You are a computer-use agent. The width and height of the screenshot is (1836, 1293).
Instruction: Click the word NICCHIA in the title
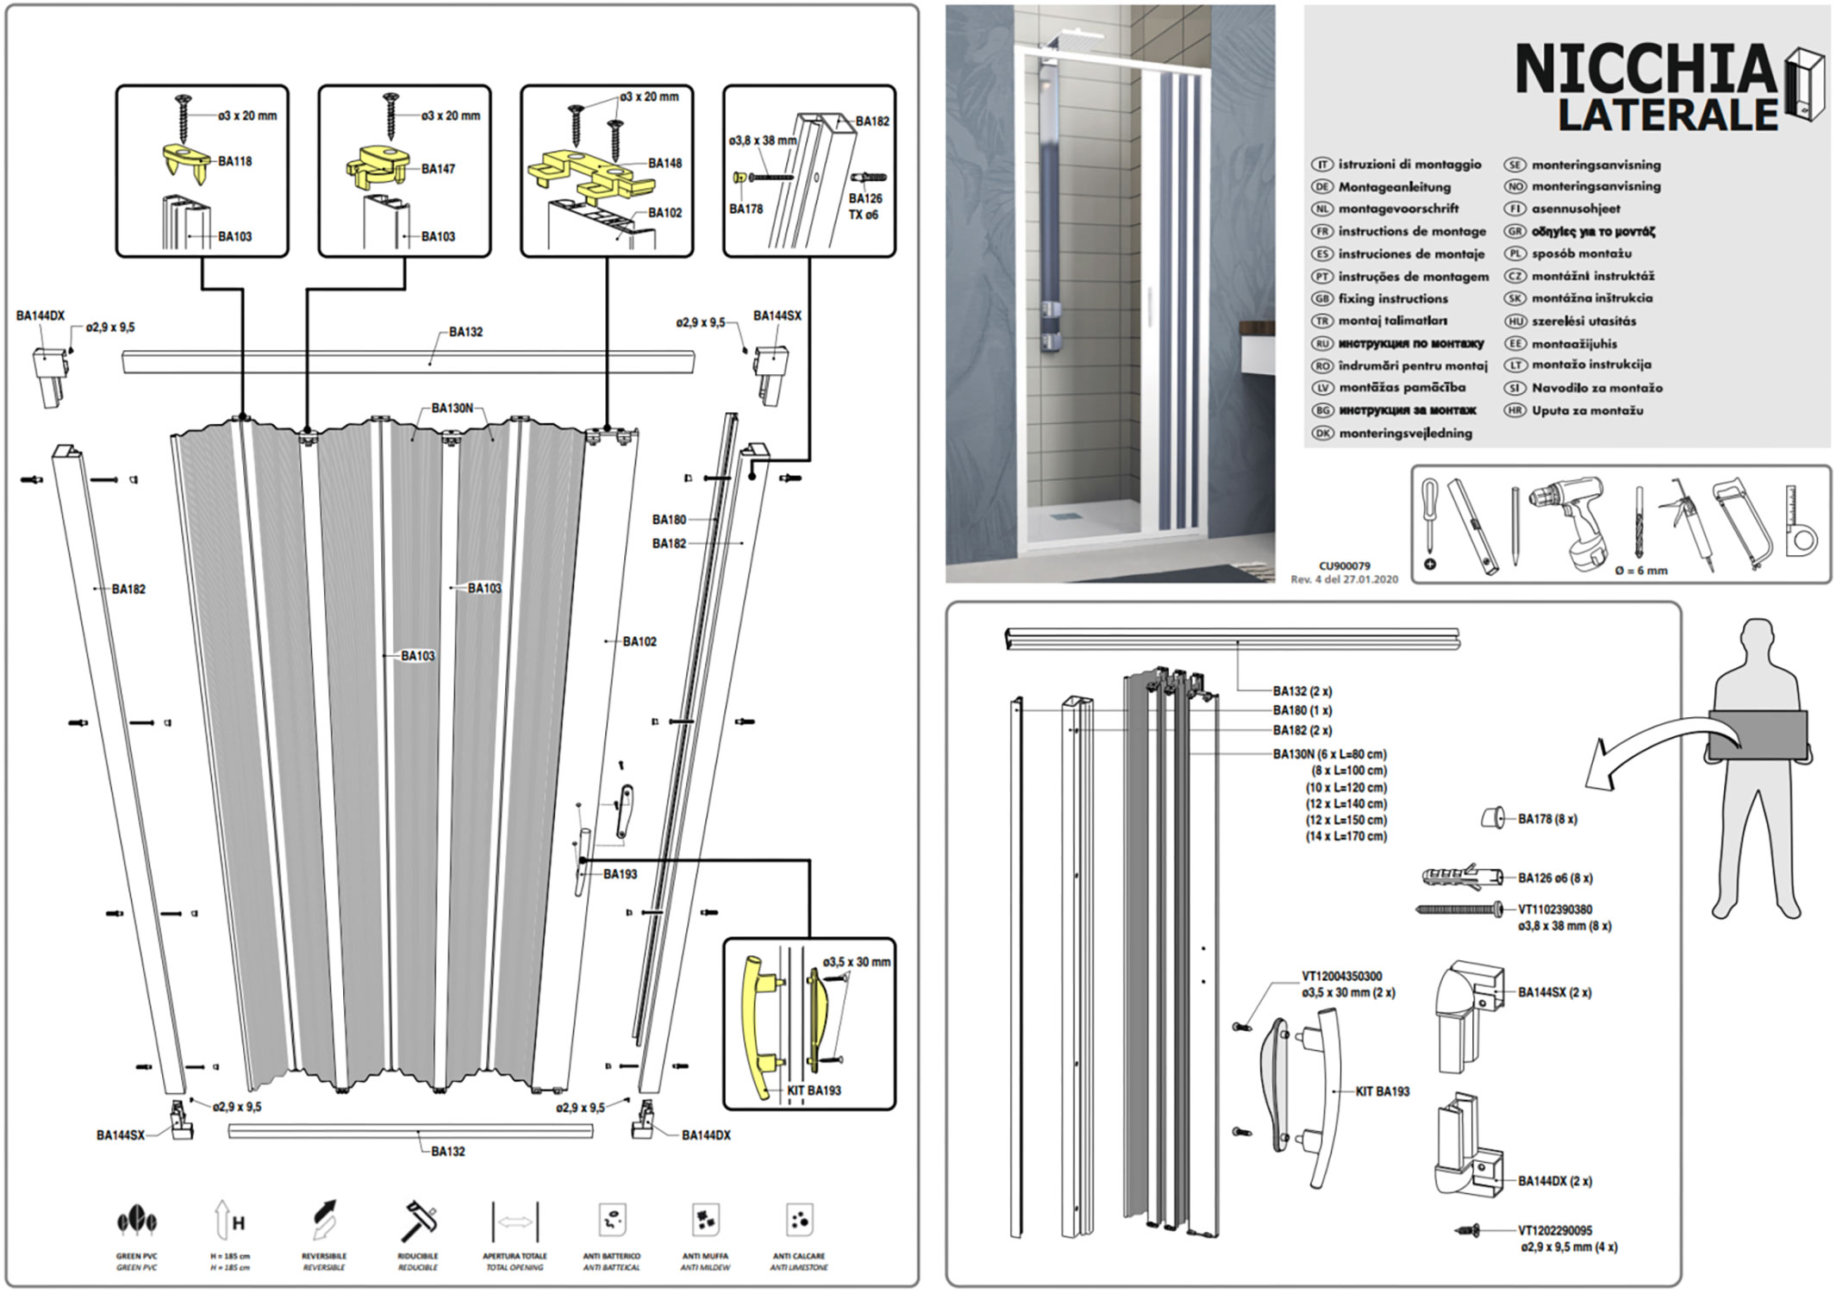click(x=1645, y=69)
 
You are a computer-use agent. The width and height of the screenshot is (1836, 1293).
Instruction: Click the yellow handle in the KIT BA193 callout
click(x=756, y=1026)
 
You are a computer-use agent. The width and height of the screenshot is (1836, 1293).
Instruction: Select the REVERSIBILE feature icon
click(x=324, y=1221)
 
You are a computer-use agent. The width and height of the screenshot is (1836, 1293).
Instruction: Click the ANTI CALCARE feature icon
click(x=799, y=1221)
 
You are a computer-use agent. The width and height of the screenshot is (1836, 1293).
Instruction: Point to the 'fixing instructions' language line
click(x=1392, y=299)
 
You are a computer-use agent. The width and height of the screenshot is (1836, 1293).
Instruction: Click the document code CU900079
click(x=1344, y=566)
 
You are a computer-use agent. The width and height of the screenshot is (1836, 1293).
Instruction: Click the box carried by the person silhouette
click(x=1758, y=734)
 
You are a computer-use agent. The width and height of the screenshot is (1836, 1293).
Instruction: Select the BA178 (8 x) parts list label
click(x=1547, y=820)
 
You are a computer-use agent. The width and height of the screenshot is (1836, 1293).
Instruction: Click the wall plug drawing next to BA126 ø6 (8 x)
click(x=1461, y=878)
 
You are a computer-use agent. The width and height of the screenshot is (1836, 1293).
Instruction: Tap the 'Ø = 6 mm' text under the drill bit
click(x=1640, y=570)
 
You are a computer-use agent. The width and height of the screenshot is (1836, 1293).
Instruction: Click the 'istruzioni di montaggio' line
click(x=1409, y=165)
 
